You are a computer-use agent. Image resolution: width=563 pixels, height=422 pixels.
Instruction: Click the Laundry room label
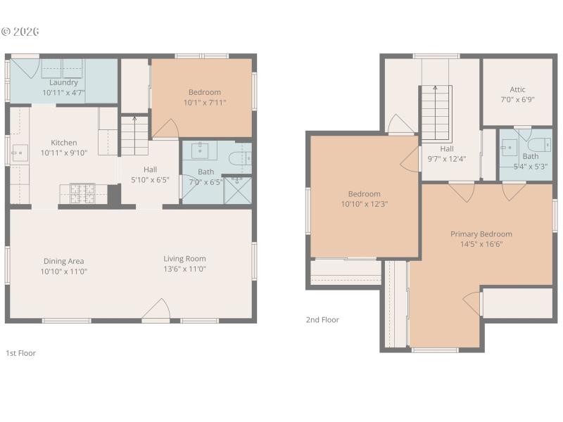pyautogui.click(x=63, y=82)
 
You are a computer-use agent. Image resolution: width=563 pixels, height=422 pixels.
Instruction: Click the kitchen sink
pyautogui.click(x=19, y=151)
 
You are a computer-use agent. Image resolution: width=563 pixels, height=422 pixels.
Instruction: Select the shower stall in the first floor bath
pyautogui.click(x=237, y=189)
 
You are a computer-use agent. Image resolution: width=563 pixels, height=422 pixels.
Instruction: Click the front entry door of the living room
pyautogui.click(x=157, y=312)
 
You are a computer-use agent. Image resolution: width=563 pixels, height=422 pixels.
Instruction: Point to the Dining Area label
pyautogui.click(x=63, y=261)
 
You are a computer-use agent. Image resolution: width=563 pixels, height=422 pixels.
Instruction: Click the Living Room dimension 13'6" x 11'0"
pyautogui.click(x=185, y=269)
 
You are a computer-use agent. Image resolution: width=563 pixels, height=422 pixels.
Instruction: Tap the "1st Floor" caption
pyautogui.click(x=20, y=353)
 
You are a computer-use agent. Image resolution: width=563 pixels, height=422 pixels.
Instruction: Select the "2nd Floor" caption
pyautogui.click(x=322, y=320)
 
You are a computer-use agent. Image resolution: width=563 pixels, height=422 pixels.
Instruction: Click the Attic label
pyautogui.click(x=517, y=89)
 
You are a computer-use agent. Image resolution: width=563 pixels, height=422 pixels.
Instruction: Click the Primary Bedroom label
pyautogui.click(x=481, y=234)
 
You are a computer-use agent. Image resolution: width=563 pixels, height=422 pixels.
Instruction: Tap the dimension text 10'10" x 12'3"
pyautogui.click(x=364, y=204)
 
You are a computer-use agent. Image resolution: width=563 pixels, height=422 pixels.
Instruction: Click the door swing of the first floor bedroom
pyautogui.click(x=166, y=129)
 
